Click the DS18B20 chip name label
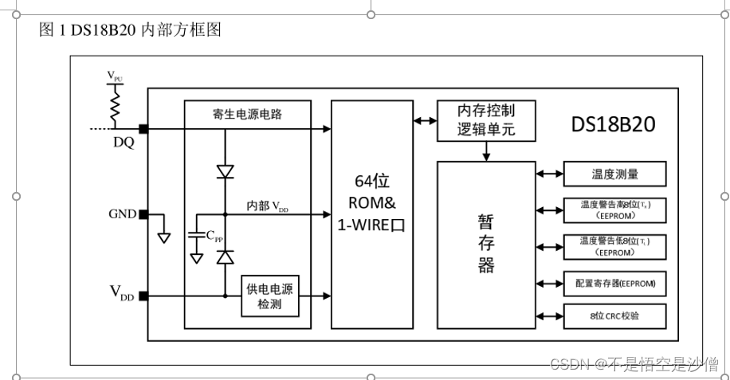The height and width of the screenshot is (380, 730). pos(614,125)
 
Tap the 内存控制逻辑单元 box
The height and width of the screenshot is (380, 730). pos(486,120)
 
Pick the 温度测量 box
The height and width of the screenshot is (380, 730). pos(614,173)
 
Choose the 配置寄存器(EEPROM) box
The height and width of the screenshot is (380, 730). pos(614,282)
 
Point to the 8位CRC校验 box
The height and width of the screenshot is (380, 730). pos(614,316)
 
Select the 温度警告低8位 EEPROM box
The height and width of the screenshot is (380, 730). pos(614,246)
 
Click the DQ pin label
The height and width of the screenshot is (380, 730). pos(123,144)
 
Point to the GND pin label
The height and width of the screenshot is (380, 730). pos(123,214)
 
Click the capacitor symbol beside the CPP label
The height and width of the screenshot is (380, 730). pos(196,236)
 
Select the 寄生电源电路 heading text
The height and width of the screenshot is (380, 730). pos(247,114)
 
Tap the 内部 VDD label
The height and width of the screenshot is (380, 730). pos(268,206)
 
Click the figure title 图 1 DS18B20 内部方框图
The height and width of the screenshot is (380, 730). pos(129,30)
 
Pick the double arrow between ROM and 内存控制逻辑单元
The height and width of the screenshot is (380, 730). pos(424,120)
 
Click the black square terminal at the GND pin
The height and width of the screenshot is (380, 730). pos(143,214)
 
